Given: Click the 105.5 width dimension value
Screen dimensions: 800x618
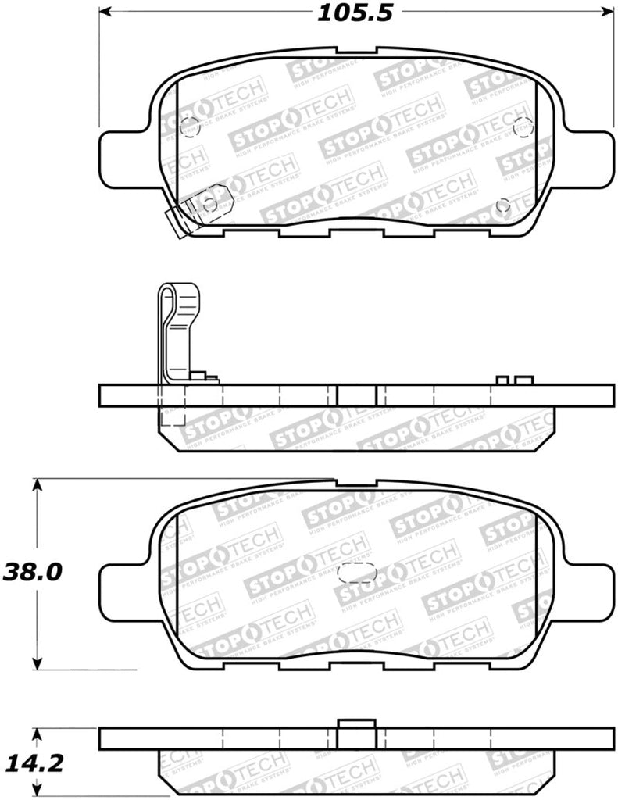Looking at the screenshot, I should pos(352,12).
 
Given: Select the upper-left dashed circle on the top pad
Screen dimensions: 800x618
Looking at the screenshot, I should pos(191,125).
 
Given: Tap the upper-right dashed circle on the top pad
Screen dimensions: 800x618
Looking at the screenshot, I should pos(522,125).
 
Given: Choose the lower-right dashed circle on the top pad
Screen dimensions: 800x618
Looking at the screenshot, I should pos(503,205).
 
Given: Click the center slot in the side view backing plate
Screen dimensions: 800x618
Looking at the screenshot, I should pos(356,395).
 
